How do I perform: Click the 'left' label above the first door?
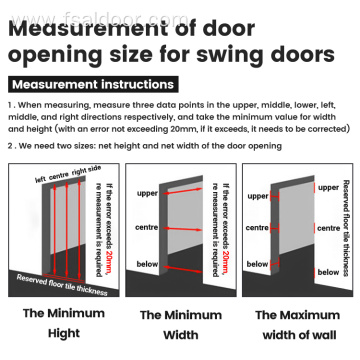[x=41, y=181]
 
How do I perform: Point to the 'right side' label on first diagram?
[x=87, y=172]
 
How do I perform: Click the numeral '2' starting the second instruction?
[x=9, y=146]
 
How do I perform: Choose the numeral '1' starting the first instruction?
[x=9, y=103]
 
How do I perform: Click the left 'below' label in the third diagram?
[x=258, y=264]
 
